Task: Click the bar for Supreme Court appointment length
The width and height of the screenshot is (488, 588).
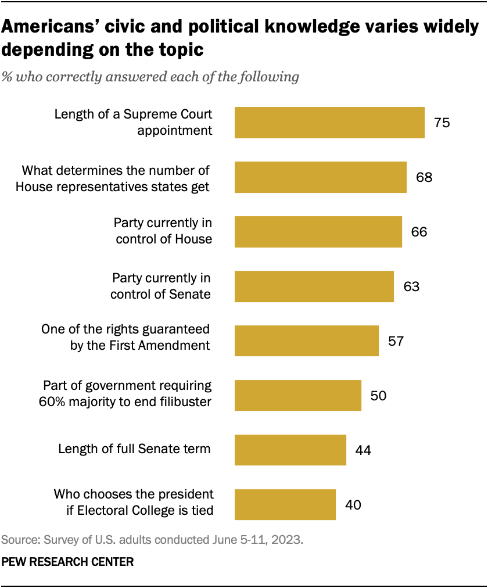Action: [x=329, y=123]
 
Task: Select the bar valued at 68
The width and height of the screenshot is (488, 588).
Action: [x=320, y=177]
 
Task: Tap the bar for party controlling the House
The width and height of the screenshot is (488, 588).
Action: [x=318, y=232]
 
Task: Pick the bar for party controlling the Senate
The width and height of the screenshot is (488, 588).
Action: [x=314, y=286]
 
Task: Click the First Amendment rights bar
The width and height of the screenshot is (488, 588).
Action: [x=306, y=340]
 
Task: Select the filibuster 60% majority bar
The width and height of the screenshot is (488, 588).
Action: [x=297, y=395]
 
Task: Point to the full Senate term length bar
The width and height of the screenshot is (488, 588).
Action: [x=290, y=450]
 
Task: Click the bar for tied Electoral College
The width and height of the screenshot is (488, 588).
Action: [x=285, y=504]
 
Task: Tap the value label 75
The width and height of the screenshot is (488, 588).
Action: [x=442, y=123]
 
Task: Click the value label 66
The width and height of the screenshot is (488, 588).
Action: [x=419, y=232]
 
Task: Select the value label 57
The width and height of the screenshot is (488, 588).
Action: [x=396, y=340]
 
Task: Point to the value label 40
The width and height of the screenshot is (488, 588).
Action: [x=353, y=504]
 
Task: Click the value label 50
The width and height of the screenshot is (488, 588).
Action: [x=378, y=395]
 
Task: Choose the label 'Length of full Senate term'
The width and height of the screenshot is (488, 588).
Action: [x=134, y=449]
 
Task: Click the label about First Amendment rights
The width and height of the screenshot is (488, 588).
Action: [x=125, y=338]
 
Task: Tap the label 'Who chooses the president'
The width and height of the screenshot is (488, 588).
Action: [x=134, y=494]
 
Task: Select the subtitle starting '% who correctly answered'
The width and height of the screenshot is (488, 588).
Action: [x=150, y=77]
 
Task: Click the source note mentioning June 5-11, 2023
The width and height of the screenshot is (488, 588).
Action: [x=152, y=540]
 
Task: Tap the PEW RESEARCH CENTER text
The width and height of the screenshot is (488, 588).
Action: [x=68, y=562]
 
